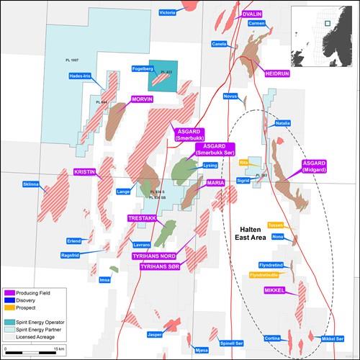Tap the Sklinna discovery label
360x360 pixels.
tap(31, 185)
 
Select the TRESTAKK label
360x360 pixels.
tap(140, 217)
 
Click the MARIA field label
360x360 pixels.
tap(216, 184)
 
